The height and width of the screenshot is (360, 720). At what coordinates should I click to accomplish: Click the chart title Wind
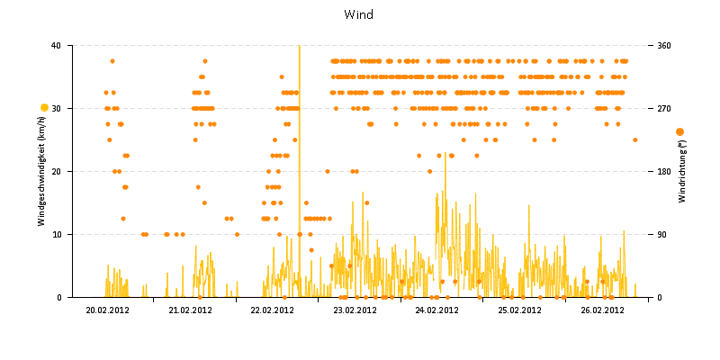click(x=359, y=14)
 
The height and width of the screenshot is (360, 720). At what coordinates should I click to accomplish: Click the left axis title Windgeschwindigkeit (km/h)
click(x=42, y=171)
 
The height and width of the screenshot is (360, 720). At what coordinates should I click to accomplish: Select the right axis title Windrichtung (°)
click(x=682, y=171)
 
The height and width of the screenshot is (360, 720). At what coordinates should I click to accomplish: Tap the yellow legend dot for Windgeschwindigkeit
click(x=44, y=108)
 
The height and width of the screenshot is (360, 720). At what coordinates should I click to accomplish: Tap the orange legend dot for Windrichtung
click(x=679, y=132)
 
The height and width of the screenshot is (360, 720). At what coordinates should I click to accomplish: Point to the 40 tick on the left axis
click(x=56, y=45)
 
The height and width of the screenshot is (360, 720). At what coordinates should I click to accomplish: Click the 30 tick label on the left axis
click(x=56, y=108)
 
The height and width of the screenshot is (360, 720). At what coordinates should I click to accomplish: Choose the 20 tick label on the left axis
click(x=56, y=171)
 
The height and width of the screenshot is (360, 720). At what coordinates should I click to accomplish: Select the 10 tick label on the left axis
click(x=56, y=234)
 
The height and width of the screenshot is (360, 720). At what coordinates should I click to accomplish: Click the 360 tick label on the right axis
click(x=664, y=45)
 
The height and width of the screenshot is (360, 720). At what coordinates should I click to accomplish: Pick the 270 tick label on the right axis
click(x=664, y=108)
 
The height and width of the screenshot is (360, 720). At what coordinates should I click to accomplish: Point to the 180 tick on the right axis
click(x=664, y=171)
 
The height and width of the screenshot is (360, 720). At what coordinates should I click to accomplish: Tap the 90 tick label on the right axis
click(x=662, y=234)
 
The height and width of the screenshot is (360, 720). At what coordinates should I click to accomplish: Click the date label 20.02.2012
click(x=108, y=310)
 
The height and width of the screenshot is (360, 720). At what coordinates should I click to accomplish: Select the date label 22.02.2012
click(x=273, y=310)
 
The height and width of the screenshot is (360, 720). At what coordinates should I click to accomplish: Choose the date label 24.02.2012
click(x=437, y=310)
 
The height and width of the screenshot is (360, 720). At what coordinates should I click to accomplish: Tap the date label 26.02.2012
click(x=602, y=310)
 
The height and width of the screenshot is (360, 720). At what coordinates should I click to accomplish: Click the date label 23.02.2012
click(x=355, y=310)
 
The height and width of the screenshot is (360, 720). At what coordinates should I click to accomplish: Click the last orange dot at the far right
click(x=634, y=139)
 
